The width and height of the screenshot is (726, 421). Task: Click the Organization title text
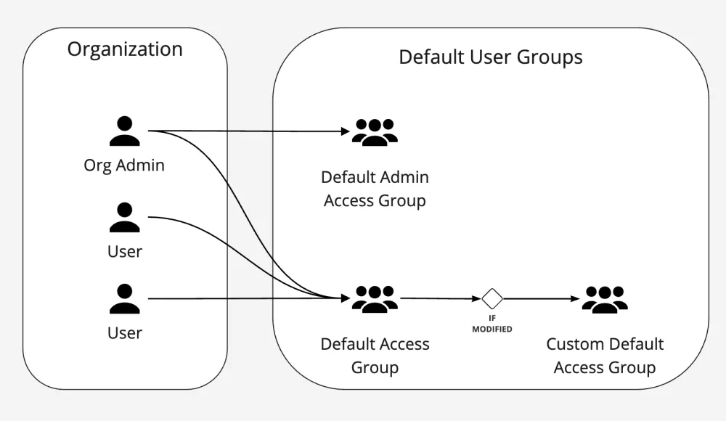point(125,49)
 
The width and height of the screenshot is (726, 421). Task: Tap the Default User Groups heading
point(490,57)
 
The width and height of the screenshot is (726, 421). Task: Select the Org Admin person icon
point(124,131)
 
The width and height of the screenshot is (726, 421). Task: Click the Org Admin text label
point(124,165)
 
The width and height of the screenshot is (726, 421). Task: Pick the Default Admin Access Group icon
point(375,132)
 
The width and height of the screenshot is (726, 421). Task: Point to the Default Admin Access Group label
point(375,189)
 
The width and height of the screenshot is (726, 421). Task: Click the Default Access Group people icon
point(375,298)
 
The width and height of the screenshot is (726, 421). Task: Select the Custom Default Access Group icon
point(605,298)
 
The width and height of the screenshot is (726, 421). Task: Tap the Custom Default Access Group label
point(605,355)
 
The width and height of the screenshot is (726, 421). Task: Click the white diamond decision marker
point(492,298)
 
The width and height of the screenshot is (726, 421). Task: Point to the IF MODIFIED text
point(492,324)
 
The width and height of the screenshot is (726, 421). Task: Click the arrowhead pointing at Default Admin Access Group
point(346,132)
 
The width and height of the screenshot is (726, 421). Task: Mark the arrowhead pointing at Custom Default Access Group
point(576,298)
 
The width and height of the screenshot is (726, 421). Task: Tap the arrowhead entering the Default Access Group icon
point(346,298)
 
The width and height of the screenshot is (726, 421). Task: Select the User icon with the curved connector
point(124,217)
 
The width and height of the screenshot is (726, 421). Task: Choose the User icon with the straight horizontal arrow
point(124,298)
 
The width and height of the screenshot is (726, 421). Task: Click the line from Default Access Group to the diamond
point(439,298)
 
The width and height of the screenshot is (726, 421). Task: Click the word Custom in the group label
point(572,343)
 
